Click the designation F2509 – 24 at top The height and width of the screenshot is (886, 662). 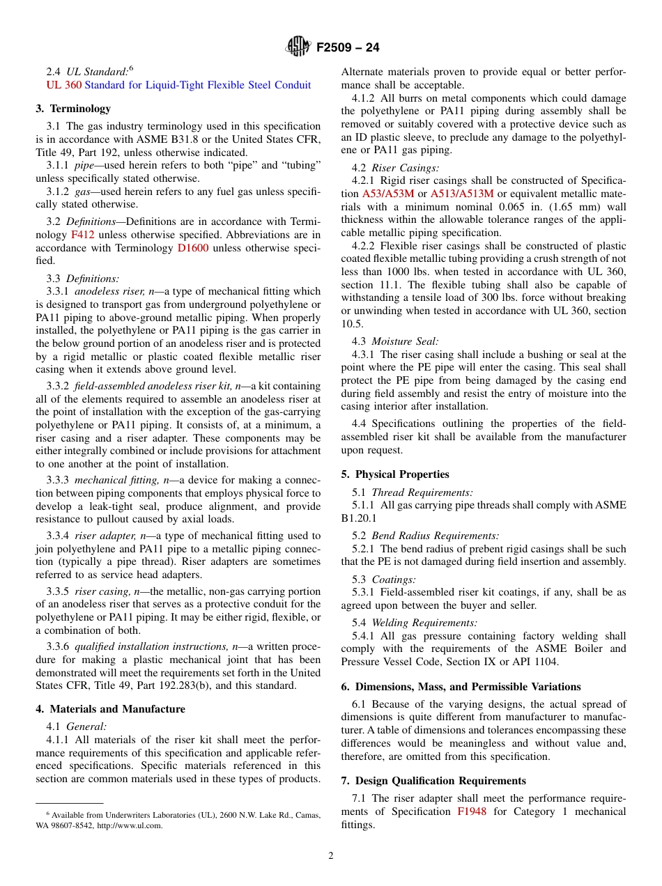click(348, 48)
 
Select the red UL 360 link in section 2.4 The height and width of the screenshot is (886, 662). click(63, 85)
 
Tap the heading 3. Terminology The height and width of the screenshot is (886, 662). click(73, 109)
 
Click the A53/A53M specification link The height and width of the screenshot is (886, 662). click(388, 194)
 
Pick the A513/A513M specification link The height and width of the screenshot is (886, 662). click(462, 194)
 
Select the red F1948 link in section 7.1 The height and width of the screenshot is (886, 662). click(472, 811)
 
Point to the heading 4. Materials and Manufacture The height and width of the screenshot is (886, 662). click(110, 709)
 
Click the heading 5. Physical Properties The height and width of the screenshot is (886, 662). click(395, 474)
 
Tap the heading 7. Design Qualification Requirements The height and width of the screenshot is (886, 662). click(433, 781)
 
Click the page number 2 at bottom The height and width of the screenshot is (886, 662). click(331, 856)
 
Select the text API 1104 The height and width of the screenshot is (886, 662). click(534, 662)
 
